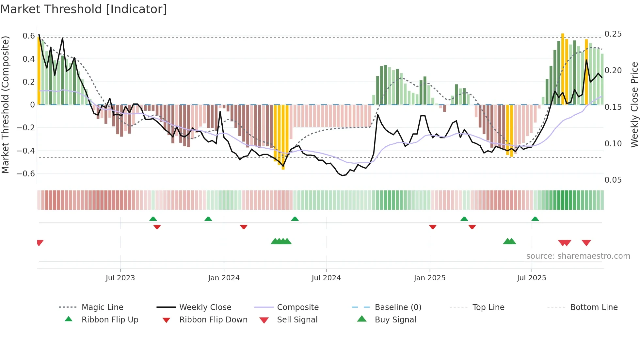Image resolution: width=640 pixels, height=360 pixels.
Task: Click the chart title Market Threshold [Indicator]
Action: click(84, 9)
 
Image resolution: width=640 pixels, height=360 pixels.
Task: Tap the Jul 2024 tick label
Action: click(326, 278)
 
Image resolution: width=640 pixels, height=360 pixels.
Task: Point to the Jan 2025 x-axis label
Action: click(429, 278)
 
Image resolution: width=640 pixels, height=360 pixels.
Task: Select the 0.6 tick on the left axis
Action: click(29, 36)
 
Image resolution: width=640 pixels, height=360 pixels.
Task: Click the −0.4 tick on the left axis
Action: click(26, 151)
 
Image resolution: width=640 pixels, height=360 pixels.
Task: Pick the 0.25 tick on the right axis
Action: click(613, 34)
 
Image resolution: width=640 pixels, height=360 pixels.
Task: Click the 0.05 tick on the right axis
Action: click(613, 180)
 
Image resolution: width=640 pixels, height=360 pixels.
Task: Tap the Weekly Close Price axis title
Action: click(634, 105)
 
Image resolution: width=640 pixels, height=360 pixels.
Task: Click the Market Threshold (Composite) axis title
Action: click(5, 105)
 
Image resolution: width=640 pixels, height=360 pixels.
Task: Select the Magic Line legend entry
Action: click(102, 307)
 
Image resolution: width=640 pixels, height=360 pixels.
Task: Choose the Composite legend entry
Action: click(297, 307)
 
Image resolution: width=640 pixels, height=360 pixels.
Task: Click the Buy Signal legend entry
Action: click(395, 320)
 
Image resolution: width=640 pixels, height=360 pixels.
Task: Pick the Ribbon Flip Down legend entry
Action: click(213, 320)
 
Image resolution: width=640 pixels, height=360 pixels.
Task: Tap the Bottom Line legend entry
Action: click(594, 307)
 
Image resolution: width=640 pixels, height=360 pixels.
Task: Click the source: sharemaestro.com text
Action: click(578, 256)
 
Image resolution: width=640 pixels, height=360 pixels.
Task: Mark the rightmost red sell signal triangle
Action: click(586, 242)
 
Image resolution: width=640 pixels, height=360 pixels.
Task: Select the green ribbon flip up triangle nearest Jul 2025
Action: click(535, 219)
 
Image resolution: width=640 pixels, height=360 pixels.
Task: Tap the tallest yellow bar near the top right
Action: click(563, 69)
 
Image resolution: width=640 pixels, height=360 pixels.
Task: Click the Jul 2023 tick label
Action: click(120, 278)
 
